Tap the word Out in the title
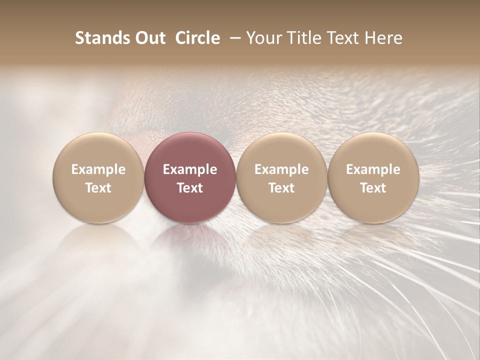(149, 38)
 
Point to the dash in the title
(233, 38)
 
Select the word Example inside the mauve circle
(190, 169)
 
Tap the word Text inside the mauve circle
(190, 188)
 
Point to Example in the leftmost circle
(98, 169)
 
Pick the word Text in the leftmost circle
(98, 188)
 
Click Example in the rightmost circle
(373, 169)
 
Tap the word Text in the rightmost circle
(373, 188)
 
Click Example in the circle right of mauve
(281, 169)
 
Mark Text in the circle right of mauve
(281, 188)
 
